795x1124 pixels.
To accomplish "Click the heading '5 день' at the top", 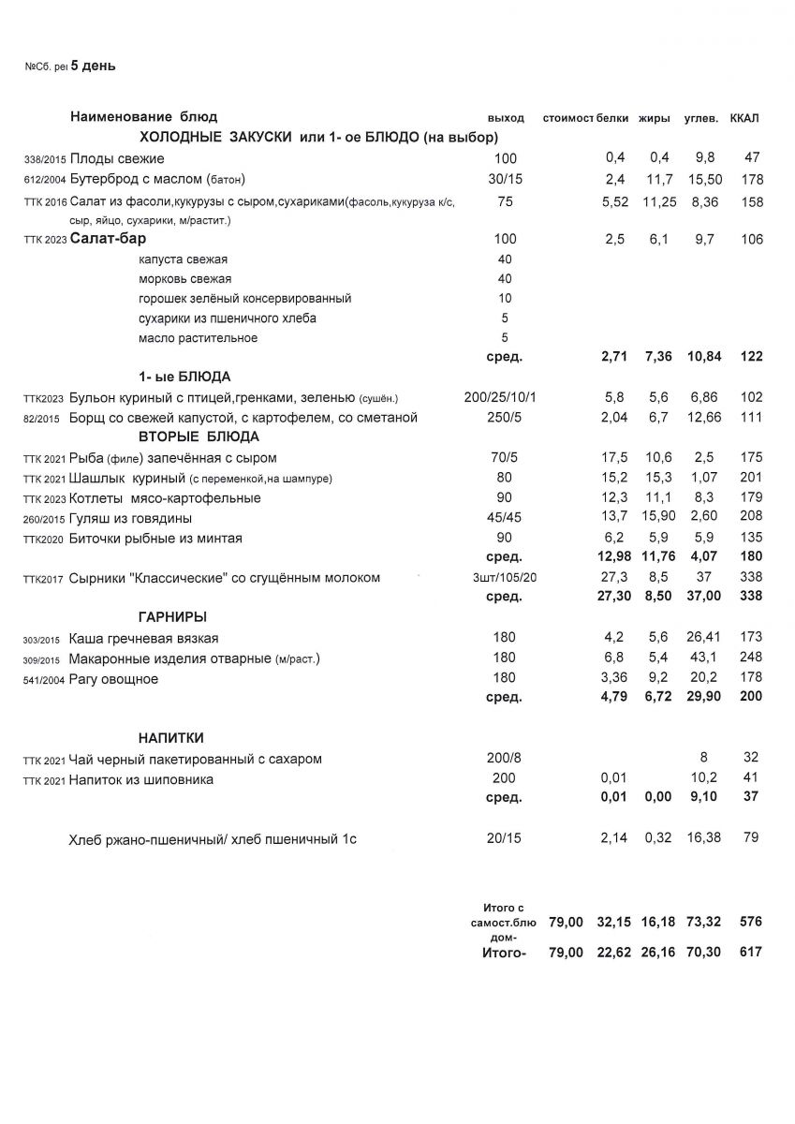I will click(93, 66).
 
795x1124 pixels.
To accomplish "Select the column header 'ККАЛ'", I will click(744, 118).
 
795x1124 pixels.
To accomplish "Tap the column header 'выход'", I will click(506, 118).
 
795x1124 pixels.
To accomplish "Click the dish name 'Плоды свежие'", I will click(117, 158).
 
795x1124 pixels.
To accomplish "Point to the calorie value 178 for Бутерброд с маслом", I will click(750, 180).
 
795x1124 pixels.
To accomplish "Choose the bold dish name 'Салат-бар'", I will click(108, 239).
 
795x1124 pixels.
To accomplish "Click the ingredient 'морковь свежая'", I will click(184, 279).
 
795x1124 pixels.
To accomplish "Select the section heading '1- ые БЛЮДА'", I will click(184, 377).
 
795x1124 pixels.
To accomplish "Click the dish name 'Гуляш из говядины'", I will click(131, 518).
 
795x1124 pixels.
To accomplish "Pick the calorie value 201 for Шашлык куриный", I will click(750, 478).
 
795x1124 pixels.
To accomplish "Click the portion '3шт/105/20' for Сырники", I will click(506, 578).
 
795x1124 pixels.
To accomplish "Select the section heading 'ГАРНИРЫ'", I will click(173, 617).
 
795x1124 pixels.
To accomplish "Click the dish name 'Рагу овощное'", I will click(113, 679).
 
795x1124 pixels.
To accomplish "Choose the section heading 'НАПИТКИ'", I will click(171, 738).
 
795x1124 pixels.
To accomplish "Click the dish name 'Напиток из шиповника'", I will click(141, 779).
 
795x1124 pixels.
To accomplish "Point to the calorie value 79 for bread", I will click(750, 837).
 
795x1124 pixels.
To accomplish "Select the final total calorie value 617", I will click(750, 952).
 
